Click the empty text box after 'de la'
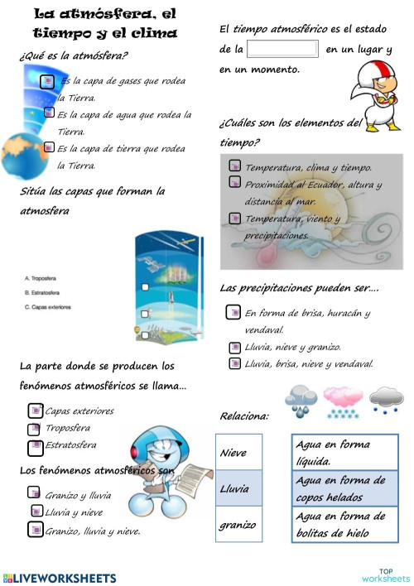(282, 50)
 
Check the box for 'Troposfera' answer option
(35, 428)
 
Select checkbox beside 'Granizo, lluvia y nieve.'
(35, 530)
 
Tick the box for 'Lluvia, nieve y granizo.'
(234, 347)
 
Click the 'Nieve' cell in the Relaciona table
(238, 453)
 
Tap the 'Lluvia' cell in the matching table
(238, 488)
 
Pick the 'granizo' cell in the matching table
(238, 525)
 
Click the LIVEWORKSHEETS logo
(60, 576)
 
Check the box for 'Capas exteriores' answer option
(35, 411)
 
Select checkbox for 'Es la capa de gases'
(49, 81)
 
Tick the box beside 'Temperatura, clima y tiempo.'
(234, 167)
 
